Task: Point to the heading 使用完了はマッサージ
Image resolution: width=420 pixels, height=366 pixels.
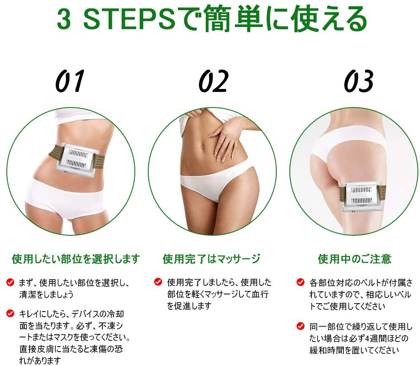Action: (x=211, y=258)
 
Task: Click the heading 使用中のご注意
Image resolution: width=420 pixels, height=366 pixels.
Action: (x=355, y=258)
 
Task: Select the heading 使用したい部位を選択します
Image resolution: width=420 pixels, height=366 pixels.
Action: (x=76, y=258)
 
